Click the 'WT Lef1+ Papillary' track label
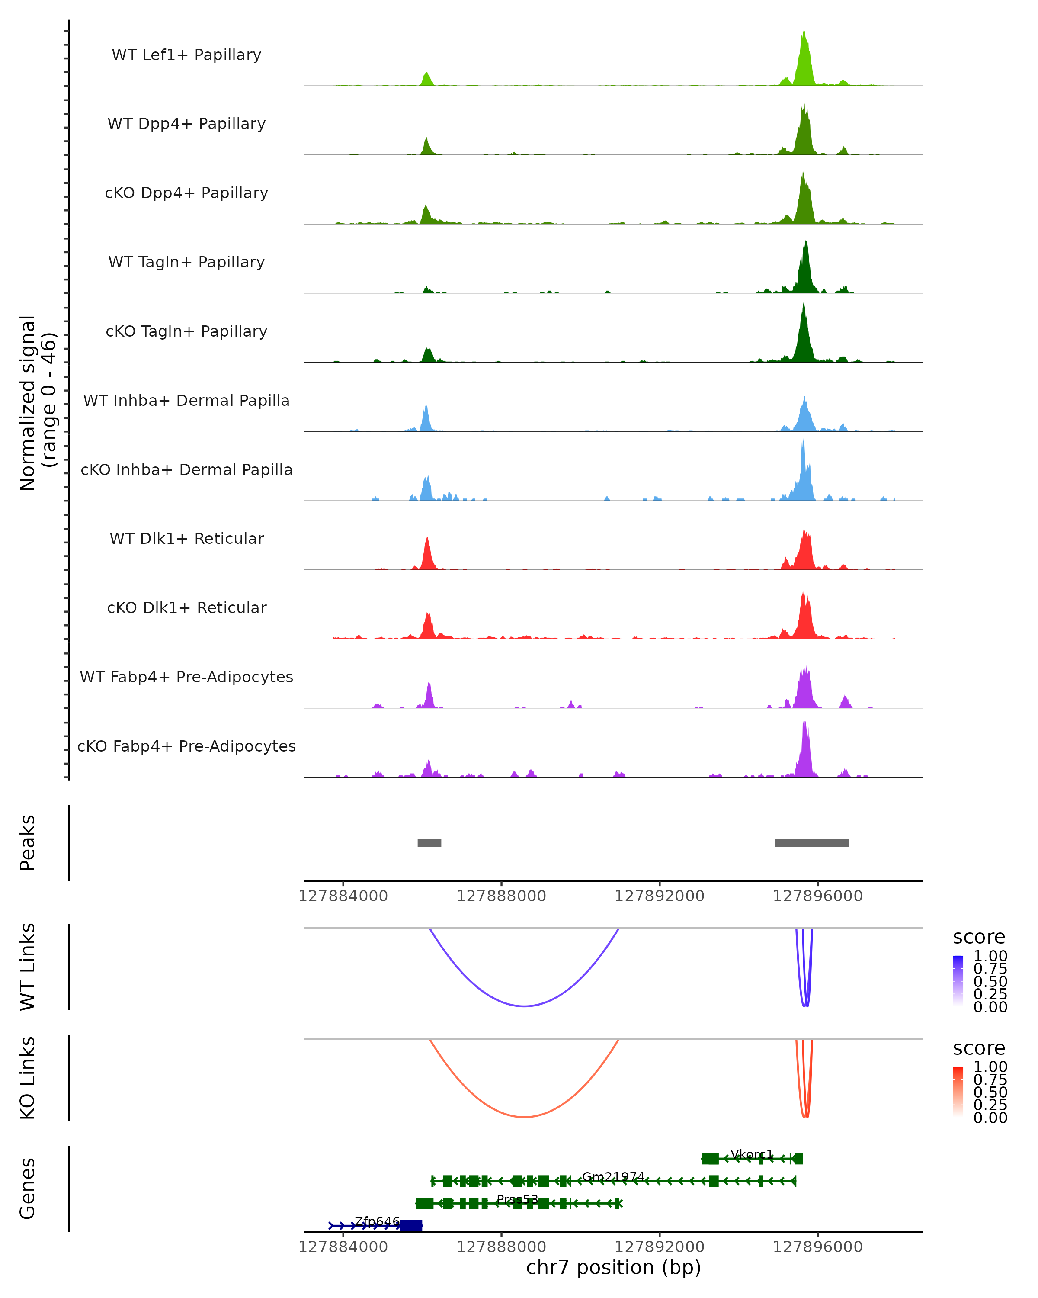[x=186, y=55]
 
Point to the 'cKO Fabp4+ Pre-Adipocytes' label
[x=186, y=746]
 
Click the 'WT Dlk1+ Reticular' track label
[x=186, y=538]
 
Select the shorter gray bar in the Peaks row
[x=429, y=843]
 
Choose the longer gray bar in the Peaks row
[x=812, y=843]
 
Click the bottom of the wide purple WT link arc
[x=524, y=1006]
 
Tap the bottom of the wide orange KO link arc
[x=524, y=1117]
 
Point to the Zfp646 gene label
[x=377, y=1221]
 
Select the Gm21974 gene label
[x=613, y=1176]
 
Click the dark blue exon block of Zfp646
[x=412, y=1226]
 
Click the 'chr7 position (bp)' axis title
[x=613, y=1267]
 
